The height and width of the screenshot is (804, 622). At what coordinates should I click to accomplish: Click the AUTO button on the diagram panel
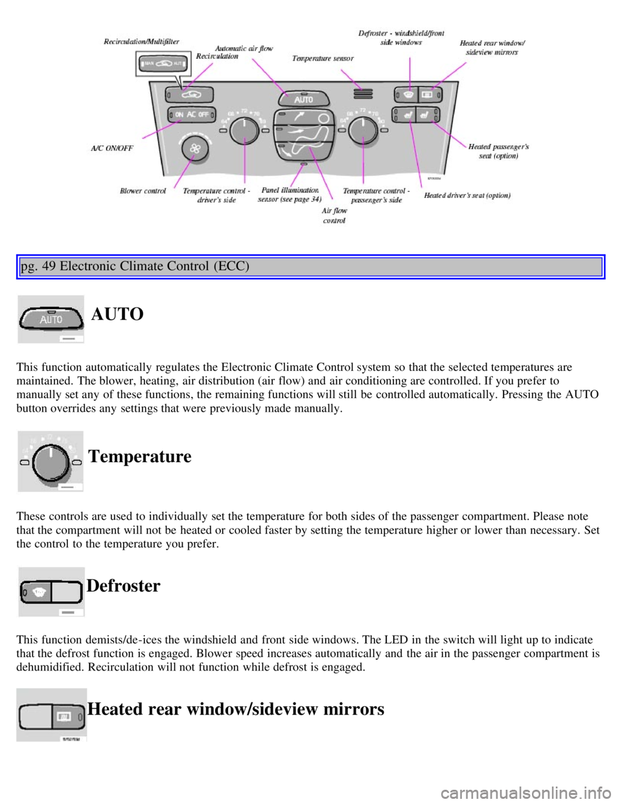tap(303, 99)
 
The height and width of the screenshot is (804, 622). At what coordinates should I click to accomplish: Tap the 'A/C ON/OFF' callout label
tap(111, 148)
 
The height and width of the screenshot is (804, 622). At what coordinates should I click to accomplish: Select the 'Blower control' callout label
tap(143, 191)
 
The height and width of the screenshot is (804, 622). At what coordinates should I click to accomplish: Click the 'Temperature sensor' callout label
tap(323, 58)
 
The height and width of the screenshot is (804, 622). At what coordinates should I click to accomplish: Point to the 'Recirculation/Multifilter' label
tap(141, 41)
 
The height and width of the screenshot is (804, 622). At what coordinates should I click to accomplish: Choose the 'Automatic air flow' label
tap(244, 49)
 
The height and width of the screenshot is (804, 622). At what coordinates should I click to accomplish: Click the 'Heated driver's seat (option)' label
tap(467, 195)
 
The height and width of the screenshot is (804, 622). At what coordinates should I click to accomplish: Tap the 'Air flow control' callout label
tap(334, 215)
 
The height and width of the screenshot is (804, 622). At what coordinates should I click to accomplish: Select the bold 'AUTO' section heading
tap(117, 314)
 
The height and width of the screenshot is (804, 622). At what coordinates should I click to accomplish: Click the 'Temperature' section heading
tap(140, 456)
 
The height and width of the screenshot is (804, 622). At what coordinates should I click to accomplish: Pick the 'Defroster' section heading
tap(123, 586)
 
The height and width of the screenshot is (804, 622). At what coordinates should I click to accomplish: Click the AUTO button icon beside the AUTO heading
tap(51, 319)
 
